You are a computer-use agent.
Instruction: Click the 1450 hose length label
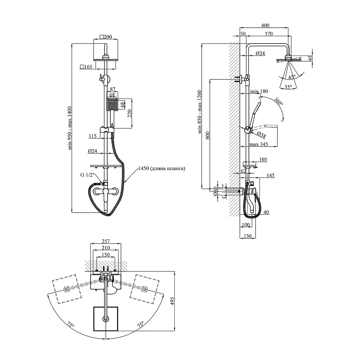162,168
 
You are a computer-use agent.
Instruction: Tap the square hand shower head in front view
112,104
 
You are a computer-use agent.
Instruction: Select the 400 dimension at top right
265,25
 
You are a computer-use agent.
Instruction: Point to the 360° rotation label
278,101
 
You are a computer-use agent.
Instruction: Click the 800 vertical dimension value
207,135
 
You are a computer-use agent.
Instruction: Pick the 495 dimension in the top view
172,301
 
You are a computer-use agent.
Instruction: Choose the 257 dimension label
105,241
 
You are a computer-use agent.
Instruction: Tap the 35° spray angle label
288,87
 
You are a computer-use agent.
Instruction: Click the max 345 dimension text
259,144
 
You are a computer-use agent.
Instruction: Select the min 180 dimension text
259,91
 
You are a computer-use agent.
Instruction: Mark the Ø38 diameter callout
262,135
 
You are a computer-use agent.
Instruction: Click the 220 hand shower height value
129,114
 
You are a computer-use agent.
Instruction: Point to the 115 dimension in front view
92,136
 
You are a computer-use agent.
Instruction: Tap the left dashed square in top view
67,289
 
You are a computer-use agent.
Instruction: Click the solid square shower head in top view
105,319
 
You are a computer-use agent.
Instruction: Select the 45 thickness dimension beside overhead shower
310,58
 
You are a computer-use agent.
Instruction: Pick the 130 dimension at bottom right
247,236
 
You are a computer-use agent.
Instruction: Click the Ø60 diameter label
215,191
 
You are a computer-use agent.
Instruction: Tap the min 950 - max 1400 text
70,128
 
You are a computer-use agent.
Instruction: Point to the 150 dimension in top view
105,255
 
